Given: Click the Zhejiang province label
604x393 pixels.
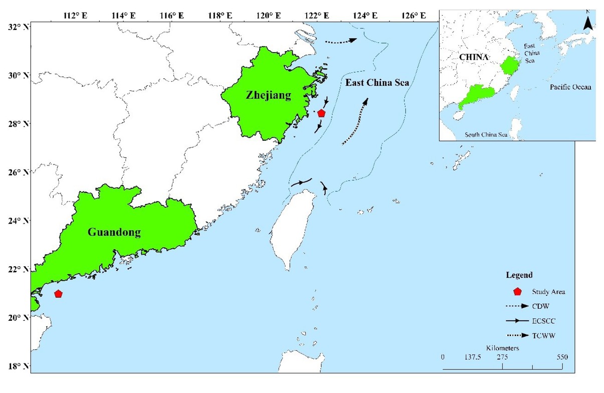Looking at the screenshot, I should [268, 95].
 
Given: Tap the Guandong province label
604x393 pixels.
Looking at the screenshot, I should [114, 232].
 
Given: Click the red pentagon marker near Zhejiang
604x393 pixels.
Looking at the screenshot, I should [321, 113].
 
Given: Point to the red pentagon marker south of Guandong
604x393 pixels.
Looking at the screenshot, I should [58, 294].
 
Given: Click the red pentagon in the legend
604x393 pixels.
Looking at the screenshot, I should [518, 291].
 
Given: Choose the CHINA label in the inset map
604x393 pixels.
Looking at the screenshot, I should [474, 57].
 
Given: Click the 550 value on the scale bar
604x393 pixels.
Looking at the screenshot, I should [561, 357].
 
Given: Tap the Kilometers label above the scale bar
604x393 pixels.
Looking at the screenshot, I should [502, 348].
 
